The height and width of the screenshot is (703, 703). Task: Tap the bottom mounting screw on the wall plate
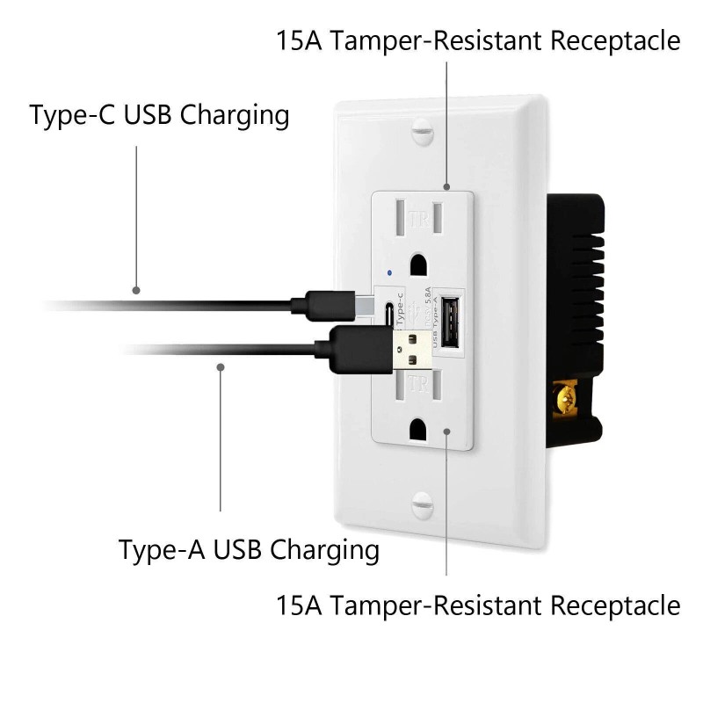pos(423,507)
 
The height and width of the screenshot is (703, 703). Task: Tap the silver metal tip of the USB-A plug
pos(411,348)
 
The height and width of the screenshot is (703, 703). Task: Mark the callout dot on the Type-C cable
pos(136,289)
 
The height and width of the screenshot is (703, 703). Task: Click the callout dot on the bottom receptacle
pos(448,430)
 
